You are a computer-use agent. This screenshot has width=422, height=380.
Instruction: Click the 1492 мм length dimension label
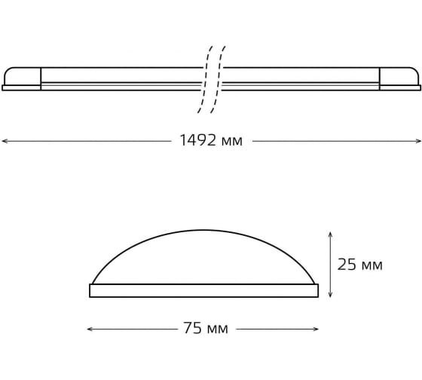tap(211, 140)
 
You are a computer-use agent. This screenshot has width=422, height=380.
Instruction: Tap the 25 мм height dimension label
tap(360, 265)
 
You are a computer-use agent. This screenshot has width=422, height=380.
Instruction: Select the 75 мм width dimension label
tap(206, 328)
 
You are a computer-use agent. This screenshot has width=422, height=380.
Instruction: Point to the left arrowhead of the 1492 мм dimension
tap(5, 141)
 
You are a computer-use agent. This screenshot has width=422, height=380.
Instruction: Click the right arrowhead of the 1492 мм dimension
tap(418, 141)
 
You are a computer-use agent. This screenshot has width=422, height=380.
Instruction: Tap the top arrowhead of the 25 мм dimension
tap(331, 234)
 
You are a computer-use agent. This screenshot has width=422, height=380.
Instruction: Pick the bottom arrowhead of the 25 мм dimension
tap(331, 294)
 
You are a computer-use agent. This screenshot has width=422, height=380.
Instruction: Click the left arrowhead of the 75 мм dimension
tap(90, 329)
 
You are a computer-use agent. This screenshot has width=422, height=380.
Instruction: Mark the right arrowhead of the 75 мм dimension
tap(316, 329)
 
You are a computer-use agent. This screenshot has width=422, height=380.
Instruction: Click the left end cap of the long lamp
tap(22, 78)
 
